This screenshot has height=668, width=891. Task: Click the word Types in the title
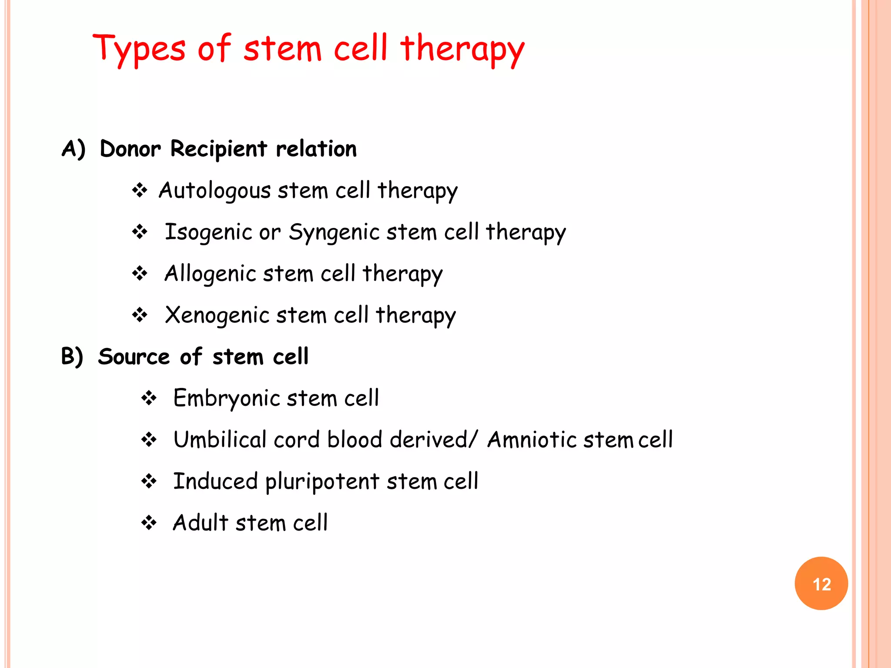click(x=139, y=49)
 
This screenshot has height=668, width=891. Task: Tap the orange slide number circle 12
click(x=821, y=583)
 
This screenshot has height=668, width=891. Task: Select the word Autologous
click(x=215, y=191)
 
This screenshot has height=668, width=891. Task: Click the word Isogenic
click(x=208, y=232)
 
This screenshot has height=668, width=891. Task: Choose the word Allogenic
click(x=210, y=274)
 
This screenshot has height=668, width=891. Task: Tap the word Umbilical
click(x=220, y=439)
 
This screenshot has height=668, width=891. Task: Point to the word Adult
click(x=201, y=522)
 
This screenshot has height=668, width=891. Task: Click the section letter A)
click(x=73, y=149)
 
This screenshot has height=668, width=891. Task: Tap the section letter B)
click(x=72, y=357)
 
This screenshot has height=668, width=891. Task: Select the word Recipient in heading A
click(x=218, y=149)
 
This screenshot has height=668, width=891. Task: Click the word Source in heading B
click(x=134, y=357)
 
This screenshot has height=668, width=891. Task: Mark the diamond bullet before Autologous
click(x=140, y=190)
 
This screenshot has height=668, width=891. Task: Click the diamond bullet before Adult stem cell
click(x=149, y=522)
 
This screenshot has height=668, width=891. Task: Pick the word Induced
click(x=215, y=481)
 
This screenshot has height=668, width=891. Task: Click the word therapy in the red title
click(x=462, y=49)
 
